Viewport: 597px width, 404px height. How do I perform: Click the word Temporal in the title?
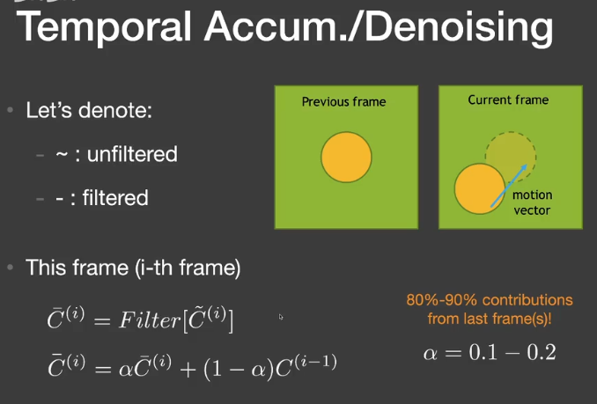click(x=104, y=27)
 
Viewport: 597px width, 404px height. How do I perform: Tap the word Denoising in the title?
click(x=459, y=27)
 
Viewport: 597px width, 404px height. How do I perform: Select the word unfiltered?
click(x=132, y=154)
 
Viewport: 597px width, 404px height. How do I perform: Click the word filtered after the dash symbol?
click(x=115, y=198)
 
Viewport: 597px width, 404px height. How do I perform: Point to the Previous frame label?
click(x=343, y=102)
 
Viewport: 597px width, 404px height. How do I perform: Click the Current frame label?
click(x=508, y=100)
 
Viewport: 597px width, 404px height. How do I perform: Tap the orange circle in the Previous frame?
click(x=346, y=157)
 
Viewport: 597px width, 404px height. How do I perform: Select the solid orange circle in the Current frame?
click(x=480, y=188)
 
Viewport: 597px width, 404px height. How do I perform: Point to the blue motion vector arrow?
click(x=509, y=186)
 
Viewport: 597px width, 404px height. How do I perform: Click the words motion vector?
click(x=532, y=202)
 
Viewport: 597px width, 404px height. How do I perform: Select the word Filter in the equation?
click(x=150, y=320)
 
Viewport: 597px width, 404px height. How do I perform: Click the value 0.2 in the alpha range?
click(x=541, y=352)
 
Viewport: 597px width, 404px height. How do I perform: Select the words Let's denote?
click(x=89, y=110)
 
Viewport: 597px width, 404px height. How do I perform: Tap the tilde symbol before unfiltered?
click(x=62, y=154)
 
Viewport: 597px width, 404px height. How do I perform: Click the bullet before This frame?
click(x=11, y=268)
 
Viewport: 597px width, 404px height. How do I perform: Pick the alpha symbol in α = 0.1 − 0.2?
click(x=431, y=354)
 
